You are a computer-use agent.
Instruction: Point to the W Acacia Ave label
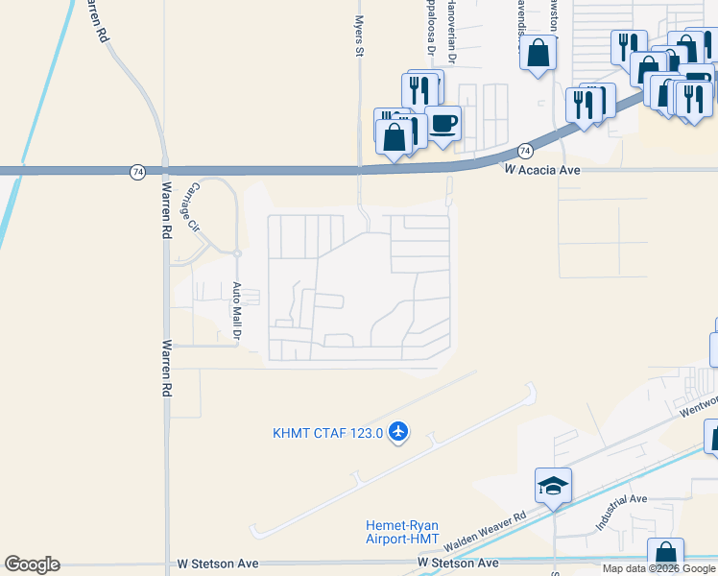click(x=543, y=169)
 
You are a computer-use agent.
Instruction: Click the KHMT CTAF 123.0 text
click(x=327, y=434)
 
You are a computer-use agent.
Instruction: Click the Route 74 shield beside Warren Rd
click(x=138, y=171)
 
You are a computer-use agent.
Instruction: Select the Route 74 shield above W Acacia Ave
click(x=525, y=151)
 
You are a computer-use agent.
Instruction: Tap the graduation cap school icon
click(x=554, y=487)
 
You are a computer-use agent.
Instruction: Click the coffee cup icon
click(x=443, y=123)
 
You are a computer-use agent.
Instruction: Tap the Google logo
click(x=32, y=564)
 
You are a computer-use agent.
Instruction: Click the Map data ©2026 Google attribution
click(x=658, y=568)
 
